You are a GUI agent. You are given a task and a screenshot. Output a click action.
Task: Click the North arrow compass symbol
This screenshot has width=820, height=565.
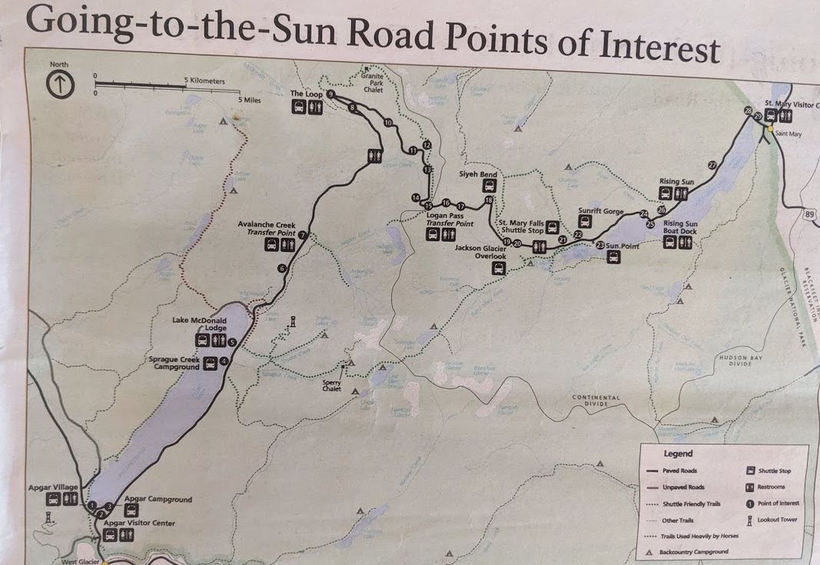(x=60, y=84)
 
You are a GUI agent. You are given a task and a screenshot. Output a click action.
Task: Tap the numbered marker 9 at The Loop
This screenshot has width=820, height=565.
(x=330, y=94)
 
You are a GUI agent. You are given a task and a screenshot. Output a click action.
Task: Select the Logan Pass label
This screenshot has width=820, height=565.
(x=444, y=216)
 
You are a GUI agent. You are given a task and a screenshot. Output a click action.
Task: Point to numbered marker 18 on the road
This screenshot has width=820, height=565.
(x=489, y=201)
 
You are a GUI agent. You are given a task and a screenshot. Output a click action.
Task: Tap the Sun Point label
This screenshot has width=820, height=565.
(x=623, y=246)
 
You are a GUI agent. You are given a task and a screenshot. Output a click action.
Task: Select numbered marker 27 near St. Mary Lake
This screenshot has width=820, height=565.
(x=712, y=165)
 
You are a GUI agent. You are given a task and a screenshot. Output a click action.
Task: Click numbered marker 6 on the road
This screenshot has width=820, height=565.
(x=282, y=268)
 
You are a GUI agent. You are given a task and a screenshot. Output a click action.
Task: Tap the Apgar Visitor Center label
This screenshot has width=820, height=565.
(x=140, y=524)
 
